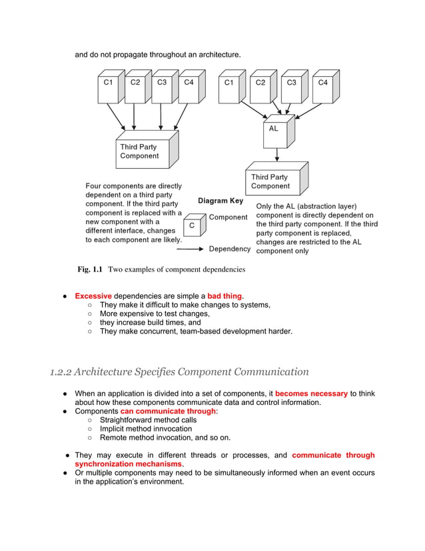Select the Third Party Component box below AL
click(274, 181)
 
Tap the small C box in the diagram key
click(193, 225)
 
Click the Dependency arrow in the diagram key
click(191, 249)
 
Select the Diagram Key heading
click(220, 200)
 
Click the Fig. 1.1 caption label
click(90, 269)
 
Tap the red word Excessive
click(93, 296)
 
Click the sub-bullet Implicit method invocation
click(145, 429)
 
